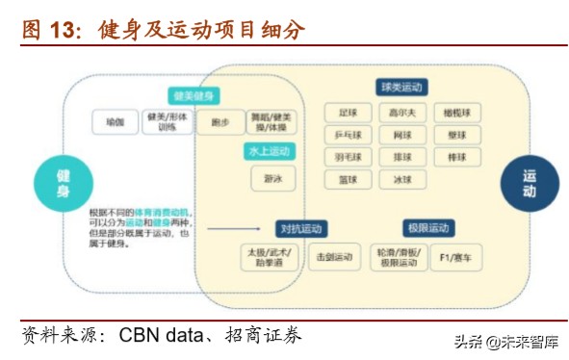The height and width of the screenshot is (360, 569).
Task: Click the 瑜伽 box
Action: click(x=116, y=121)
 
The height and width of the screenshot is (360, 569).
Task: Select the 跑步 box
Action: click(x=220, y=122)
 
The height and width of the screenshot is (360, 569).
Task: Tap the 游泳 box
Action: click(x=272, y=178)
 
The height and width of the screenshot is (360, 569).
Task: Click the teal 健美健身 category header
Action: click(x=194, y=95)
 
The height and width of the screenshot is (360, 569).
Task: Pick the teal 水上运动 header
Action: click(x=267, y=151)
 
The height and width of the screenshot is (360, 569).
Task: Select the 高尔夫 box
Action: click(x=401, y=112)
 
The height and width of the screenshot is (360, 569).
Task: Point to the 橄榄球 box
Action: click(x=456, y=112)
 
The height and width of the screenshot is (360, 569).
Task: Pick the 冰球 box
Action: click(x=401, y=180)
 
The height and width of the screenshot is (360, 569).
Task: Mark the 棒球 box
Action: click(x=456, y=157)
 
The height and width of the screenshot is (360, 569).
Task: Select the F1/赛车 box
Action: click(x=455, y=257)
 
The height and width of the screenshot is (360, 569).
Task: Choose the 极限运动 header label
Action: click(x=427, y=228)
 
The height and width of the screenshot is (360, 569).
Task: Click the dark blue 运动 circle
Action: click(x=529, y=183)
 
